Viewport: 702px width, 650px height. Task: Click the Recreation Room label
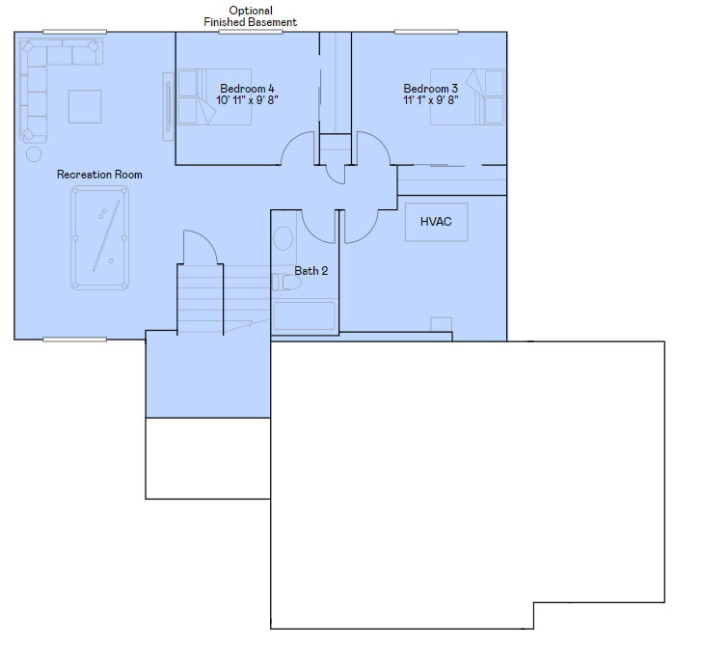pyautogui.click(x=99, y=175)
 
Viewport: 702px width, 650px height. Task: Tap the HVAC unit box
pyautogui.click(x=437, y=222)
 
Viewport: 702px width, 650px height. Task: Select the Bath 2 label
pyautogui.click(x=311, y=271)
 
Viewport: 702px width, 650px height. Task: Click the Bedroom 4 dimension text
pyautogui.click(x=247, y=100)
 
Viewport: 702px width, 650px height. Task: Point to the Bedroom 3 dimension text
pyautogui.click(x=431, y=100)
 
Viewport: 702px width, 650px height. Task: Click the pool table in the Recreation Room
pyautogui.click(x=100, y=238)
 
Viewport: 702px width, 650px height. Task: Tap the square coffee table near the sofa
pyautogui.click(x=85, y=106)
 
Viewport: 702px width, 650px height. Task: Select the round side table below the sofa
pyautogui.click(x=34, y=154)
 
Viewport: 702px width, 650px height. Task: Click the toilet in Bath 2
pyautogui.click(x=286, y=283)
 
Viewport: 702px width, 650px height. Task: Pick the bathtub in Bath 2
pyautogui.click(x=304, y=316)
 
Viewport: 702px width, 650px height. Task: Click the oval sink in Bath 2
pyautogui.click(x=283, y=238)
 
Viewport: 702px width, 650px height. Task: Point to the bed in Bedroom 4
pyautogui.click(x=214, y=96)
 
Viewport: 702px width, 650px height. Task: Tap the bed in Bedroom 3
pyautogui.click(x=467, y=96)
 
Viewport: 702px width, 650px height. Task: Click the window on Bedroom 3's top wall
pyautogui.click(x=426, y=32)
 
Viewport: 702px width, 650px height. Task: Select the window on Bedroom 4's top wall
pyautogui.click(x=251, y=32)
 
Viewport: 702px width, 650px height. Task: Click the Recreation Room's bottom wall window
pyautogui.click(x=75, y=339)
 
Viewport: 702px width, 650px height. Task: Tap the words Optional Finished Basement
pyautogui.click(x=251, y=16)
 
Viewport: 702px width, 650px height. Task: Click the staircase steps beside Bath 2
pyautogui.click(x=201, y=299)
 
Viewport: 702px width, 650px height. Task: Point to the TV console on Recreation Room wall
pyautogui.click(x=169, y=106)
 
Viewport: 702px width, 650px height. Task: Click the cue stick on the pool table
pyautogui.click(x=106, y=235)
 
